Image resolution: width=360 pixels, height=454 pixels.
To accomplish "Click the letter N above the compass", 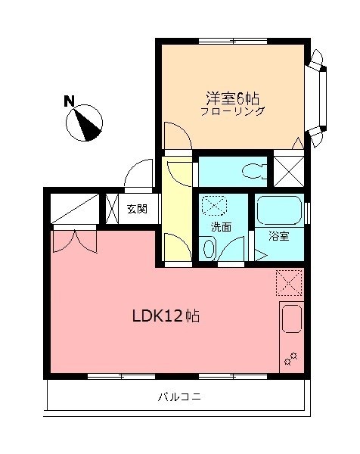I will pos(69,101).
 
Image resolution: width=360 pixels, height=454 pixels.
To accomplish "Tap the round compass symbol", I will pos(88,123).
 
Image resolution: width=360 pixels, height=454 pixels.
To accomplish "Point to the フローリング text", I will pos(232,111).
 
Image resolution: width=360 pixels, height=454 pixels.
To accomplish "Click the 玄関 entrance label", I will pos(137,210).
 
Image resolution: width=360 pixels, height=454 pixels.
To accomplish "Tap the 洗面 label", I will pos(221,226).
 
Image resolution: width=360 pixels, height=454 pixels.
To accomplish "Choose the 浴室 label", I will pos(279,235).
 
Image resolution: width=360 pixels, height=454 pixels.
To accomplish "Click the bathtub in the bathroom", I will pos(279,210).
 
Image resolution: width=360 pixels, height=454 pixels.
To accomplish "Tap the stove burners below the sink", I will pos(290,358).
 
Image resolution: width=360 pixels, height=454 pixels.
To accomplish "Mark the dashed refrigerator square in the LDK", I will pos(289,282).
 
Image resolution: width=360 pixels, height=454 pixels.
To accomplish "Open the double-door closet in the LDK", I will pos(74,240).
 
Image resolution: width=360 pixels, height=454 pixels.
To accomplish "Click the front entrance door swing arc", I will pos(138,175).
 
